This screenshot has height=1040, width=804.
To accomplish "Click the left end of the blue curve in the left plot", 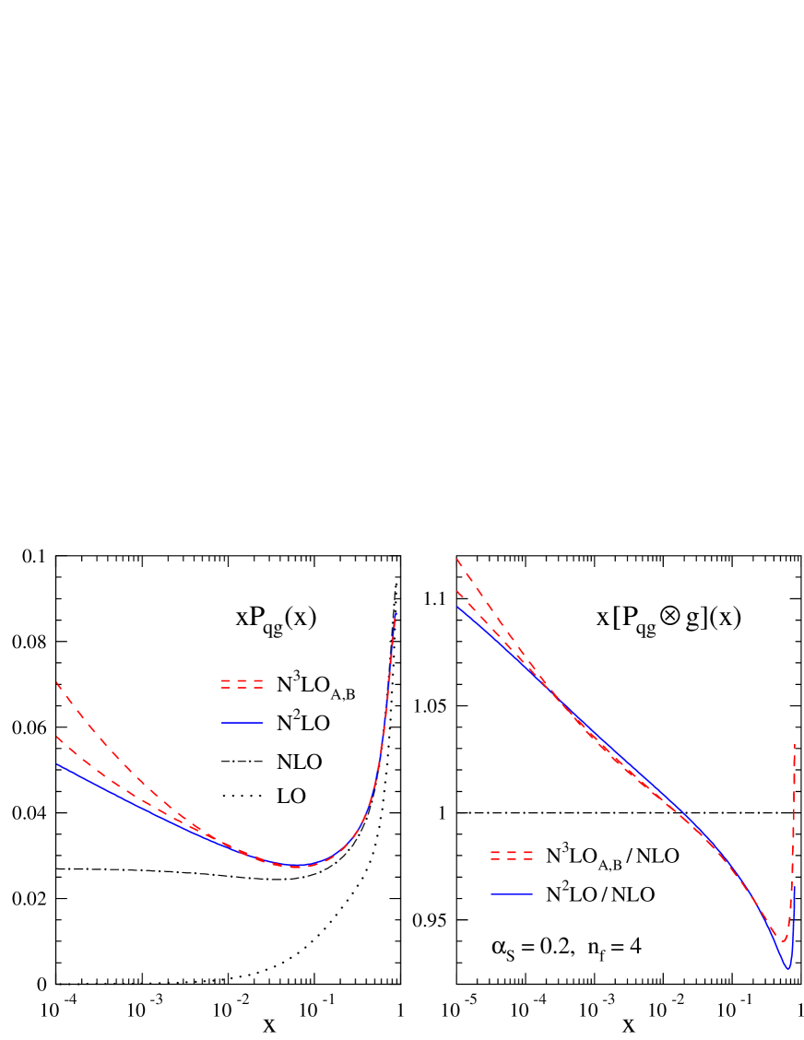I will [57, 764].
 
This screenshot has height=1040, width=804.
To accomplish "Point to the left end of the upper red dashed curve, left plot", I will [57, 682].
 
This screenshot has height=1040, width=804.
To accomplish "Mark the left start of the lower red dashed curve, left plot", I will [57, 737].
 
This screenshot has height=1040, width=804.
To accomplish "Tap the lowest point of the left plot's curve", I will [293, 866].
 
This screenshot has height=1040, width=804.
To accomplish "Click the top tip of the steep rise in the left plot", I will [396, 612].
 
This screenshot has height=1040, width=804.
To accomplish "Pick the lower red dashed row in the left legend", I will [242, 689].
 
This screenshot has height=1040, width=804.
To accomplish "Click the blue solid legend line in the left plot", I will [242, 723].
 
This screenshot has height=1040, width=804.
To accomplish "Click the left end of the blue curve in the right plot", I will [457, 607].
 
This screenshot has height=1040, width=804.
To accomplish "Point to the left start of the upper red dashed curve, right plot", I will [457, 559].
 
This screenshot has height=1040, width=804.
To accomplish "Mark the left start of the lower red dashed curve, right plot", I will [457, 592].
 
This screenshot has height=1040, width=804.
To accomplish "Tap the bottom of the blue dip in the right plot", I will [787, 968].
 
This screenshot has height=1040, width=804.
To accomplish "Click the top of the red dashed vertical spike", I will [794, 745].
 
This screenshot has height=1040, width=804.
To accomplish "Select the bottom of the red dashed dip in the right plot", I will [784, 940].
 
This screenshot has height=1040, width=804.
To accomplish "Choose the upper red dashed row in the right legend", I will [512, 852].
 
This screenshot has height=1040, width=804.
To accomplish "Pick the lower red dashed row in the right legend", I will [512, 859].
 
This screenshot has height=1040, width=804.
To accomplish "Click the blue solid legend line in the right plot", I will [512, 893].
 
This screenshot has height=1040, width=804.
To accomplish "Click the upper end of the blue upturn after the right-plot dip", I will [795, 889].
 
